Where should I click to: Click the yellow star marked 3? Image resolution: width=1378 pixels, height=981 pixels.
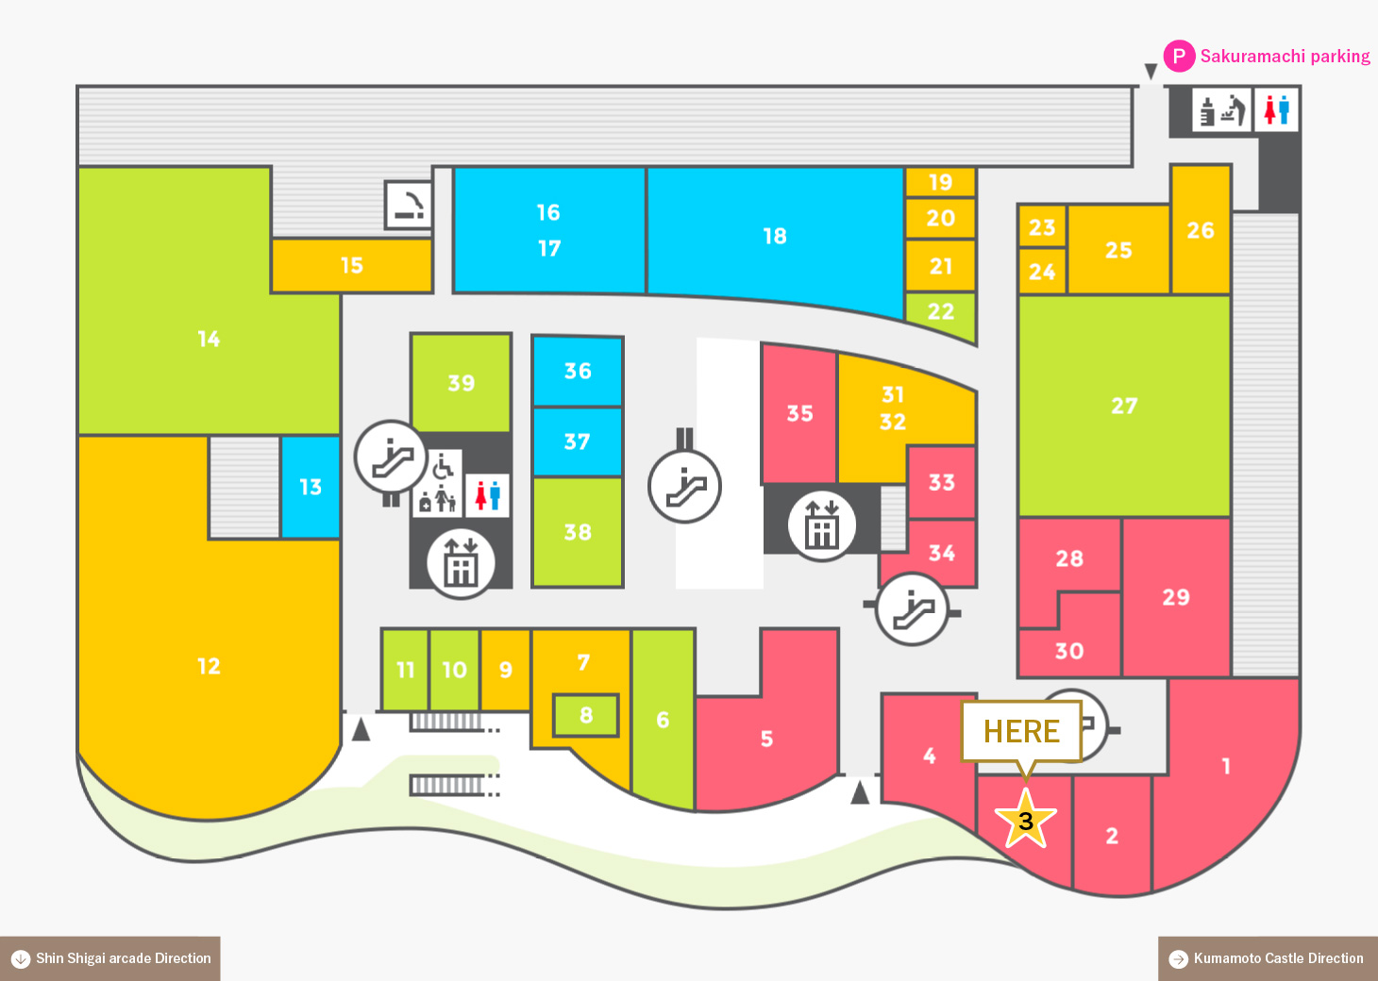pyautogui.click(x=1026, y=820)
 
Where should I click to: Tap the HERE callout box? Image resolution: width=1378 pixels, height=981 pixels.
pyautogui.click(x=1021, y=731)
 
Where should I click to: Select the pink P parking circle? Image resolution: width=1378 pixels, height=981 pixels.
pyautogui.click(x=1179, y=56)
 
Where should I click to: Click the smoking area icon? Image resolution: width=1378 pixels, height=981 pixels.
pyautogui.click(x=408, y=205)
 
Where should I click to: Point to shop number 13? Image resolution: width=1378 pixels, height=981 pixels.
pyautogui.click(x=310, y=487)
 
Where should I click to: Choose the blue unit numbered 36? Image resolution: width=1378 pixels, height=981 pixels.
pyautogui.click(x=578, y=371)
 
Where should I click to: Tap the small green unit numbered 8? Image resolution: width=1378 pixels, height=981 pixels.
pyautogui.click(x=585, y=715)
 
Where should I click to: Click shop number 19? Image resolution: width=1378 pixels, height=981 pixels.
pyautogui.click(x=941, y=182)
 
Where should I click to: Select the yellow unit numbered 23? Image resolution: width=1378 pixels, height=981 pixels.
pyautogui.click(x=1042, y=226)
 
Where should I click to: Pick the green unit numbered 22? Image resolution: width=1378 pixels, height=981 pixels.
pyautogui.click(x=941, y=313)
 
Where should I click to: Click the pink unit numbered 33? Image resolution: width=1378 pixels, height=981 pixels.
pyautogui.click(x=941, y=483)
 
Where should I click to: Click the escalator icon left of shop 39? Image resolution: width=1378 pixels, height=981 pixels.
pyautogui.click(x=391, y=457)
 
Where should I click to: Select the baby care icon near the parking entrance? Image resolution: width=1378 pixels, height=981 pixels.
pyautogui.click(x=1221, y=110)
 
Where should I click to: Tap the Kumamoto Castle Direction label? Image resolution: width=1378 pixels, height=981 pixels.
pyautogui.click(x=1268, y=958)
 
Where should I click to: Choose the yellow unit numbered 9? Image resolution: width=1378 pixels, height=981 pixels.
pyautogui.click(x=505, y=670)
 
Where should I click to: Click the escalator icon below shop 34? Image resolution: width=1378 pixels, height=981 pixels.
pyautogui.click(x=913, y=608)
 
